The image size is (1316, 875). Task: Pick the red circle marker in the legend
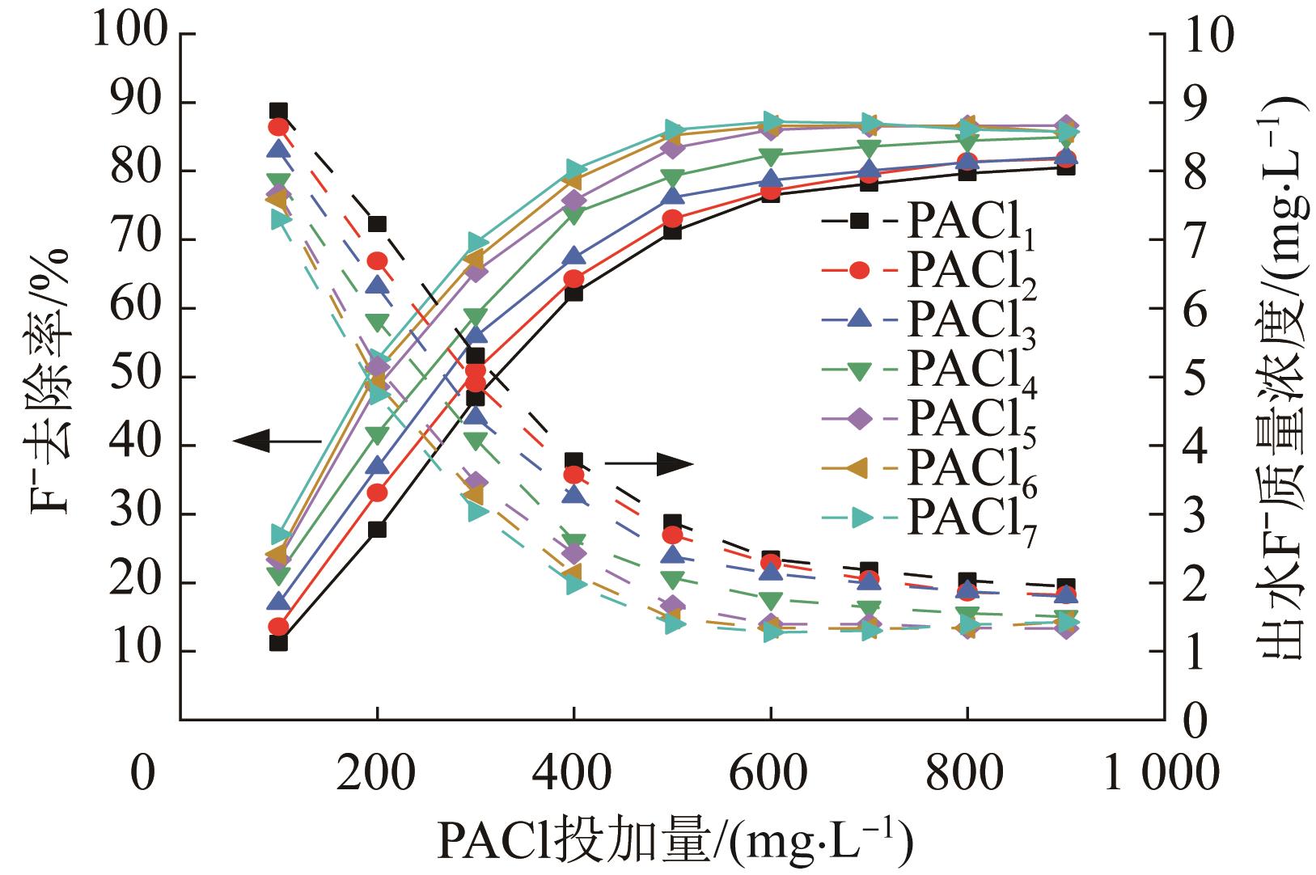(x=860, y=271)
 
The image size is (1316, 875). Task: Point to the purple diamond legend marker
(x=860, y=418)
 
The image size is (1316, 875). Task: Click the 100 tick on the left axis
(x=130, y=34)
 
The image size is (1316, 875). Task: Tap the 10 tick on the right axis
(x=1208, y=34)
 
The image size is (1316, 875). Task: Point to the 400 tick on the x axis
(x=573, y=773)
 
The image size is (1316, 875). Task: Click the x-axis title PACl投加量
(x=675, y=842)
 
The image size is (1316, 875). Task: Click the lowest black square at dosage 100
(x=278, y=643)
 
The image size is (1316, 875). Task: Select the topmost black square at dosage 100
(x=278, y=112)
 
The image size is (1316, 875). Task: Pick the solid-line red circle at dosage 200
(x=377, y=492)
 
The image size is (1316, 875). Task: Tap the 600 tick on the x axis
(x=770, y=773)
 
